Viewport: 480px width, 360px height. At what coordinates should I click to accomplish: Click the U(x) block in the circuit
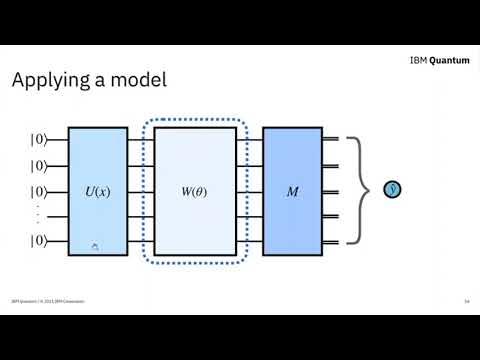(x=98, y=190)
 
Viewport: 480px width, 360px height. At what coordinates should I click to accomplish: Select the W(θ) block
(x=195, y=190)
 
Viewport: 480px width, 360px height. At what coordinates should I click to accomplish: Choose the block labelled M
(x=292, y=190)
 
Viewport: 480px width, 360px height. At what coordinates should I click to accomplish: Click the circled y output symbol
(x=393, y=190)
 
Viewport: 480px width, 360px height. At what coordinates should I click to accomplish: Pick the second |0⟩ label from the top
(x=39, y=166)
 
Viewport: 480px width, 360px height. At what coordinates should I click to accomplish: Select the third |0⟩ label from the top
(x=39, y=190)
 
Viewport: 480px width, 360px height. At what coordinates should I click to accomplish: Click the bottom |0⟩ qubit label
(x=39, y=240)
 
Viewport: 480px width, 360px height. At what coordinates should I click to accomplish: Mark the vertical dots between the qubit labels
(x=39, y=214)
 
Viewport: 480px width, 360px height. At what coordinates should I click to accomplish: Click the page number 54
(x=466, y=301)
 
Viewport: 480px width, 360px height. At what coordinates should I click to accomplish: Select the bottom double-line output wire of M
(x=331, y=240)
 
